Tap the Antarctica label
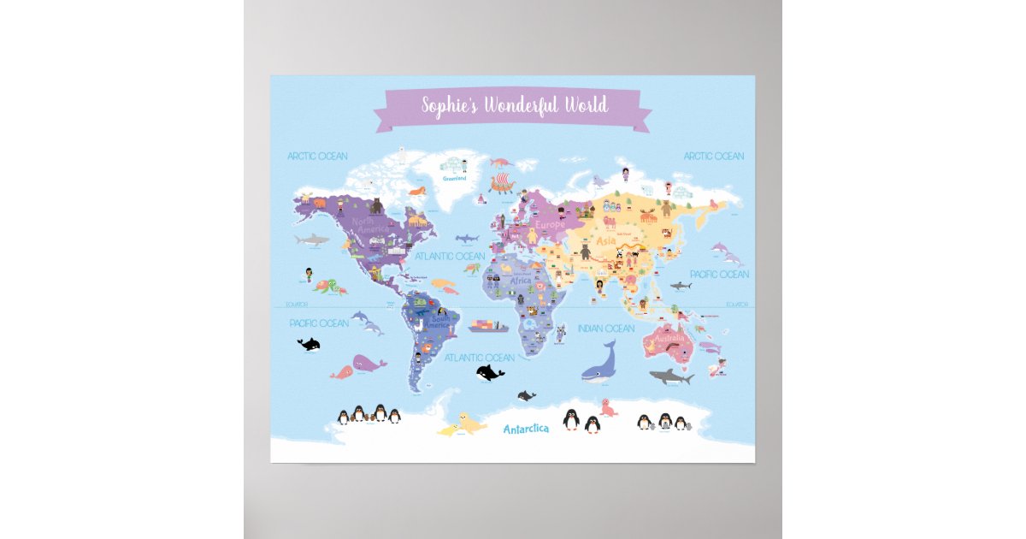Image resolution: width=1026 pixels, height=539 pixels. point(526,429)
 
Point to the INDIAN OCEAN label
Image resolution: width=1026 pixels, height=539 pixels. point(606,329)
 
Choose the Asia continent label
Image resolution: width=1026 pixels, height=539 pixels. point(606,241)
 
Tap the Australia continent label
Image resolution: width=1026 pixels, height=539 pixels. point(667,345)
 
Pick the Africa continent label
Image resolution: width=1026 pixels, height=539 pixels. point(521,281)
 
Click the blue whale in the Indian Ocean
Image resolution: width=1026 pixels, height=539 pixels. point(600,363)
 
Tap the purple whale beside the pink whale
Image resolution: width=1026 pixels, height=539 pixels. point(369,364)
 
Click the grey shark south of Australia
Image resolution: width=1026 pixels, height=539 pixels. point(672,376)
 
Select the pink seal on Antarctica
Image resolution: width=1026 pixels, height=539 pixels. point(608,408)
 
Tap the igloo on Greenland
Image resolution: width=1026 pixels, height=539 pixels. point(446,163)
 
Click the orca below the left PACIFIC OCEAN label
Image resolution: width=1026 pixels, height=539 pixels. point(309,344)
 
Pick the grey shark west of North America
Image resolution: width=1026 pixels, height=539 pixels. point(311,240)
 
